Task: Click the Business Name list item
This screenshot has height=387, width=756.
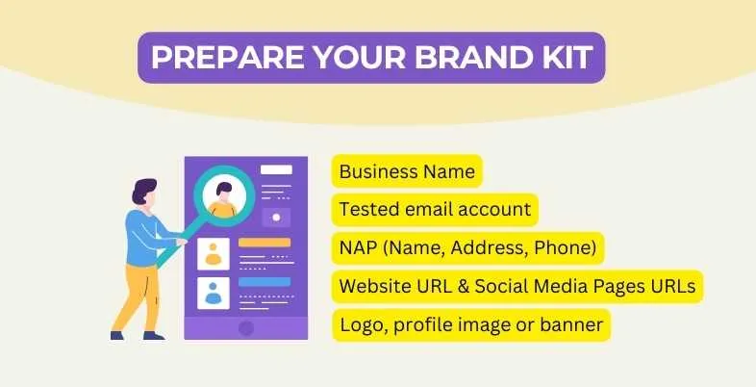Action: click(x=407, y=172)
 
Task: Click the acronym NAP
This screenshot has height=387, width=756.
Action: click(x=358, y=248)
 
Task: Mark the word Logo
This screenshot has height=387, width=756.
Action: click(x=361, y=325)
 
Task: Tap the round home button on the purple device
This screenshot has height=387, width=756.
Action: click(x=246, y=327)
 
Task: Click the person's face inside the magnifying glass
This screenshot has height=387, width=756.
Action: click(x=225, y=190)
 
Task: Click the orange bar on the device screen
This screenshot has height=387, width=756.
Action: click(x=265, y=243)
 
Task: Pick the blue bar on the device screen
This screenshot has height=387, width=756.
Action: click(x=265, y=280)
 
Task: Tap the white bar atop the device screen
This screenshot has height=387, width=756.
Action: click(x=276, y=169)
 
